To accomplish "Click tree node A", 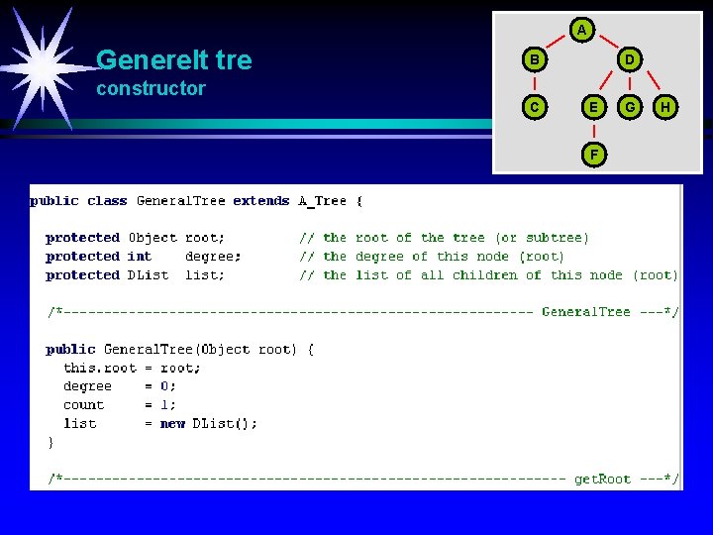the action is coord(581,31).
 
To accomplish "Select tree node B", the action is coord(534,60).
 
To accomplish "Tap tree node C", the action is coord(534,106).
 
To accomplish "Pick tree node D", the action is coord(629,60).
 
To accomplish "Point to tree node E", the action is coord(593,106).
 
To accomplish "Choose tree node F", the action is coord(593,154).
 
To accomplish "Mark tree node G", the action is coord(630,106).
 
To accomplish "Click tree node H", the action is coord(665,106).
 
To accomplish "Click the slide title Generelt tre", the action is coord(174,60).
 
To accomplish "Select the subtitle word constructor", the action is coord(151,88).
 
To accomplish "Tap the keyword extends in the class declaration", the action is coord(261,201).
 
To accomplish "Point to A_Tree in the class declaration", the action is coord(323,201).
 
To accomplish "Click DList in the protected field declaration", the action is coord(149,275).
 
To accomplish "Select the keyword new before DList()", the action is coord(173,423).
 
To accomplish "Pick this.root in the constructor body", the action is coord(99,368).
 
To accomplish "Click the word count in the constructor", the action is coord(83,404).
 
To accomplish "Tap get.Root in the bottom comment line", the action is coord(602,480).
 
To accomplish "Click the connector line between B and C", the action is coord(534,83).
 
